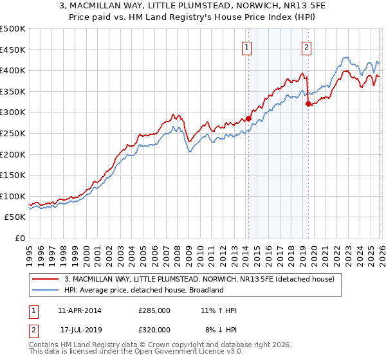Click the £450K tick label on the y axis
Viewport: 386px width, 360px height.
coord(13,50)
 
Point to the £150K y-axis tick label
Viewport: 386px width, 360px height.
coord(13,175)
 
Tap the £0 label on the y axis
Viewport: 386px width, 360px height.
coord(19,238)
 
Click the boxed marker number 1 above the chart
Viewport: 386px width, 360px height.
coord(247,46)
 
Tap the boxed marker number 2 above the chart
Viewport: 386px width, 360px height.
coord(307,46)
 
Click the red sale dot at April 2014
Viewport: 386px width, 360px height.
coord(248,119)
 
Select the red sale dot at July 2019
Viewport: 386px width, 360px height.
coord(308,104)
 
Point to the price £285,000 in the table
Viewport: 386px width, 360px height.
coord(154,310)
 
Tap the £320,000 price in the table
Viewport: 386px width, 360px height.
coord(154,329)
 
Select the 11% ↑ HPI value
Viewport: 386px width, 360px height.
coord(219,310)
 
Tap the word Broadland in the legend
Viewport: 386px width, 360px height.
coord(206,290)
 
